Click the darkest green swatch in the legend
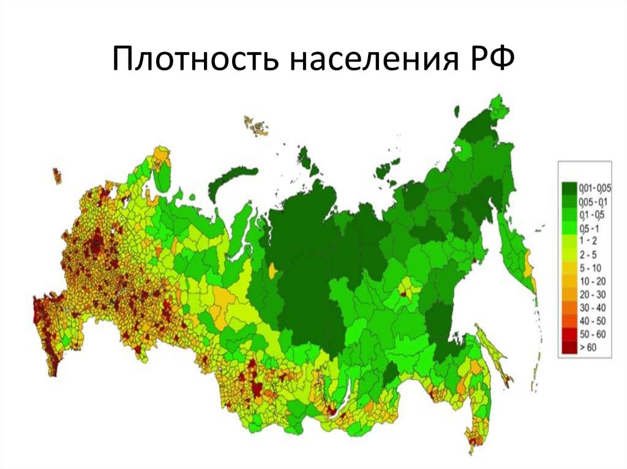[x=569, y=186]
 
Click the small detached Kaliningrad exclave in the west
[x=57, y=175]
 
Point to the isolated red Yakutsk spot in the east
[x=404, y=292]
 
